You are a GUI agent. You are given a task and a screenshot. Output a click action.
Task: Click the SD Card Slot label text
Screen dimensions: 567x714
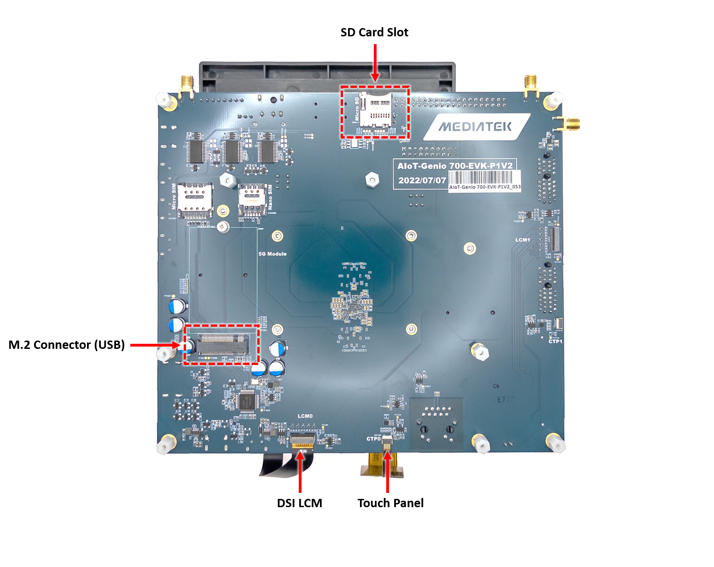coord(374,33)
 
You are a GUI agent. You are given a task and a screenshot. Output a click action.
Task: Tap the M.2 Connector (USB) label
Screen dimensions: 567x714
coord(69,345)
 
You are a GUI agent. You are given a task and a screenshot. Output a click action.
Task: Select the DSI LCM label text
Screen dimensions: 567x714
coord(299,503)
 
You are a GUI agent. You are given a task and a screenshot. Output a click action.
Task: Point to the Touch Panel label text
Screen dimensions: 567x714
coord(390,503)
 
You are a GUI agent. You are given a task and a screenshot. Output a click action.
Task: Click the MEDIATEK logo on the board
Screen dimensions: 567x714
coord(475,127)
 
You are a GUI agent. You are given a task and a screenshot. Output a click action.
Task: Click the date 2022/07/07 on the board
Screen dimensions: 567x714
coord(422,180)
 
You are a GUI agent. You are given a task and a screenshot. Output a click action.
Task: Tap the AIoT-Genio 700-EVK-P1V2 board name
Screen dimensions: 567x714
coord(455,166)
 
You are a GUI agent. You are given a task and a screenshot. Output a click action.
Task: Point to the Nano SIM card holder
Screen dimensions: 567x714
coord(252,199)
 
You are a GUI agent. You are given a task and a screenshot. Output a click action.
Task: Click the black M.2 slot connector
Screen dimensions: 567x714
coord(222,345)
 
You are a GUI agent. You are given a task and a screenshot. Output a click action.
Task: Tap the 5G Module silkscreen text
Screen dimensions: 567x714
coord(273,254)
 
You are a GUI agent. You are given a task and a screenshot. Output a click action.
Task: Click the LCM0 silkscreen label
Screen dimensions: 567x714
coord(305,416)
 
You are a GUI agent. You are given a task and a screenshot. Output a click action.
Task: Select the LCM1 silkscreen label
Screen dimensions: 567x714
coord(522,240)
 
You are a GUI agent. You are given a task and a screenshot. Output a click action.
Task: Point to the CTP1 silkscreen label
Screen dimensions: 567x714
coord(555,341)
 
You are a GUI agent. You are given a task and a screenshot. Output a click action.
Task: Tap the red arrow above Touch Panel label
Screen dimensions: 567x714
coord(388,472)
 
